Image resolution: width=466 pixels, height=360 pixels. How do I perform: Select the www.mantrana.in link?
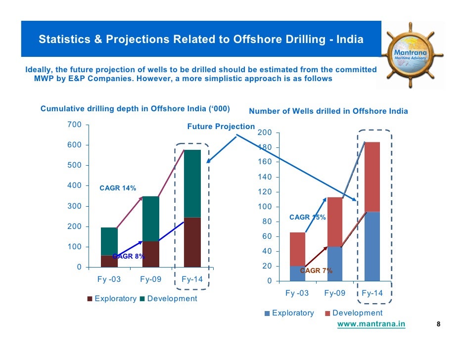pyautogui.click(x=371, y=324)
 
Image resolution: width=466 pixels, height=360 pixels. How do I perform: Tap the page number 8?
pyautogui.click(x=438, y=324)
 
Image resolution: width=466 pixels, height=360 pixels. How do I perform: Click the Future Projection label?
pyautogui.click(x=221, y=127)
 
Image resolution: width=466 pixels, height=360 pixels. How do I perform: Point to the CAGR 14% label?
pyautogui.click(x=118, y=188)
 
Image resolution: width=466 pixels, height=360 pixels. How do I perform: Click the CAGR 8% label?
pyautogui.click(x=129, y=256)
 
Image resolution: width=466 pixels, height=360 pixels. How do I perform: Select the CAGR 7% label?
pyautogui.click(x=316, y=270)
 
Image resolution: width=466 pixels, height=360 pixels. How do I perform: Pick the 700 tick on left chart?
pyautogui.click(x=74, y=125)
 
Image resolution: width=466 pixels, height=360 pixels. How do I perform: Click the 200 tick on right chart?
pyautogui.click(x=265, y=133)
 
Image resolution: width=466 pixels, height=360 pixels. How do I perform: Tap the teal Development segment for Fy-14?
pyautogui.click(x=192, y=183)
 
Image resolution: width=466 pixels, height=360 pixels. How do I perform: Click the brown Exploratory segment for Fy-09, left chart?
pyautogui.click(x=150, y=254)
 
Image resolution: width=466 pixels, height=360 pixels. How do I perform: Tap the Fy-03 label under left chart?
pyautogui.click(x=109, y=279)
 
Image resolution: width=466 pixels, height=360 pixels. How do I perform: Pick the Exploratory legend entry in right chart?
pyautogui.click(x=292, y=313)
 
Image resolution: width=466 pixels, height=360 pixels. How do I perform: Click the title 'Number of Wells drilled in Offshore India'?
pyautogui.click(x=328, y=111)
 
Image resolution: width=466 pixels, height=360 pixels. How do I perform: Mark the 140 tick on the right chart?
pyautogui.click(x=265, y=177)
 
